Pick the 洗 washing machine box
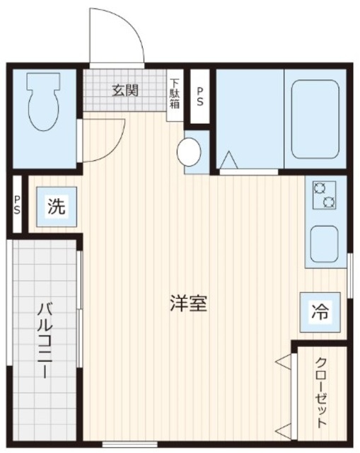point(56,207)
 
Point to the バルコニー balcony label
point(45,340)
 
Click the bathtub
point(315,117)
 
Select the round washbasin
point(189,151)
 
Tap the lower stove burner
point(327,203)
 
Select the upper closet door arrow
point(283,362)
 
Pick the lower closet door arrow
point(283,428)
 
